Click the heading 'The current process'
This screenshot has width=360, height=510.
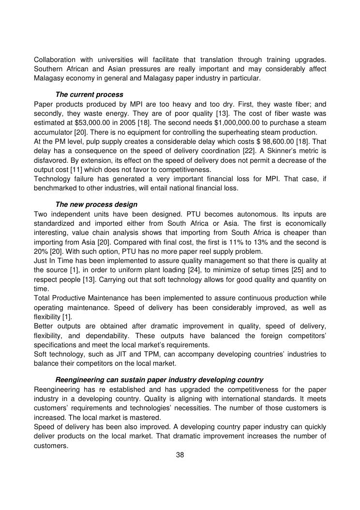point(89,94)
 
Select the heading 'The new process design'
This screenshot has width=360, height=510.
point(96,204)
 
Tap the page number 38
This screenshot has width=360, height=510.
point(180,455)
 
